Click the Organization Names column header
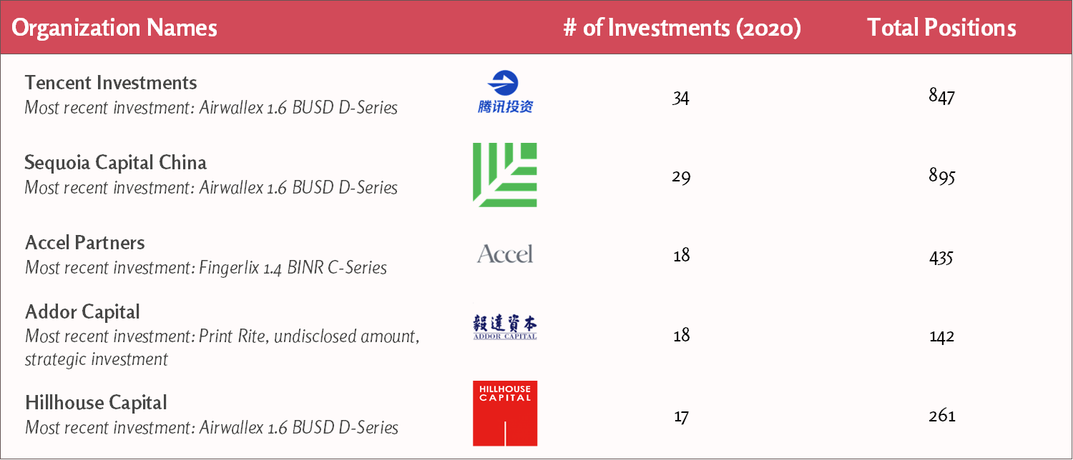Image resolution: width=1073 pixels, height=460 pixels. pyautogui.click(x=114, y=28)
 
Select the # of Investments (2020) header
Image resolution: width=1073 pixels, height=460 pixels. pyautogui.click(x=682, y=28)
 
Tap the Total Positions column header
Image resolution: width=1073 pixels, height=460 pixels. pyautogui.click(x=942, y=27)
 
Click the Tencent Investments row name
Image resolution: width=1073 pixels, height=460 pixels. pyautogui.click(x=111, y=83)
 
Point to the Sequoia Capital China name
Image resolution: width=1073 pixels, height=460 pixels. pyautogui.click(x=115, y=163)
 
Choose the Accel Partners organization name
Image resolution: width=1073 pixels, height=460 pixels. pyautogui.click(x=85, y=242)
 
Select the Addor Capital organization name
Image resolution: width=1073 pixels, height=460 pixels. pyautogui.click(x=82, y=311)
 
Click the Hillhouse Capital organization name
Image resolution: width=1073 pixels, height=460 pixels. pyautogui.click(x=96, y=403)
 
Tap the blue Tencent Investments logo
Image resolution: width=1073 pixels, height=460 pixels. pyautogui.click(x=505, y=92)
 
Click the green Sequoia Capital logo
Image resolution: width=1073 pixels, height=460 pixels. pyautogui.click(x=505, y=175)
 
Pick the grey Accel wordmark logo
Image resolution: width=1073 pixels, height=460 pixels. pyautogui.click(x=505, y=254)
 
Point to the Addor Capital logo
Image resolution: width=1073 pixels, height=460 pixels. pyautogui.click(x=505, y=327)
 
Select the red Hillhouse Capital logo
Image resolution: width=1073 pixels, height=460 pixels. pyautogui.click(x=505, y=414)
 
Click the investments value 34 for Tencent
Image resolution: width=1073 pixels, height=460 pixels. pyautogui.click(x=681, y=98)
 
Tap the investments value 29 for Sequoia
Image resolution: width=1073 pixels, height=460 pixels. pyautogui.click(x=681, y=177)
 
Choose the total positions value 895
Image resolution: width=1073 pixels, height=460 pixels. pyautogui.click(x=942, y=176)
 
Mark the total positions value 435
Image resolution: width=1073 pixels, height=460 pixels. pyautogui.click(x=941, y=258)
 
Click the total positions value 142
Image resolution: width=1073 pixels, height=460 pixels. pyautogui.click(x=942, y=336)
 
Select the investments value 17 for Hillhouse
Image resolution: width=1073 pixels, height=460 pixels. pyautogui.click(x=681, y=416)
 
